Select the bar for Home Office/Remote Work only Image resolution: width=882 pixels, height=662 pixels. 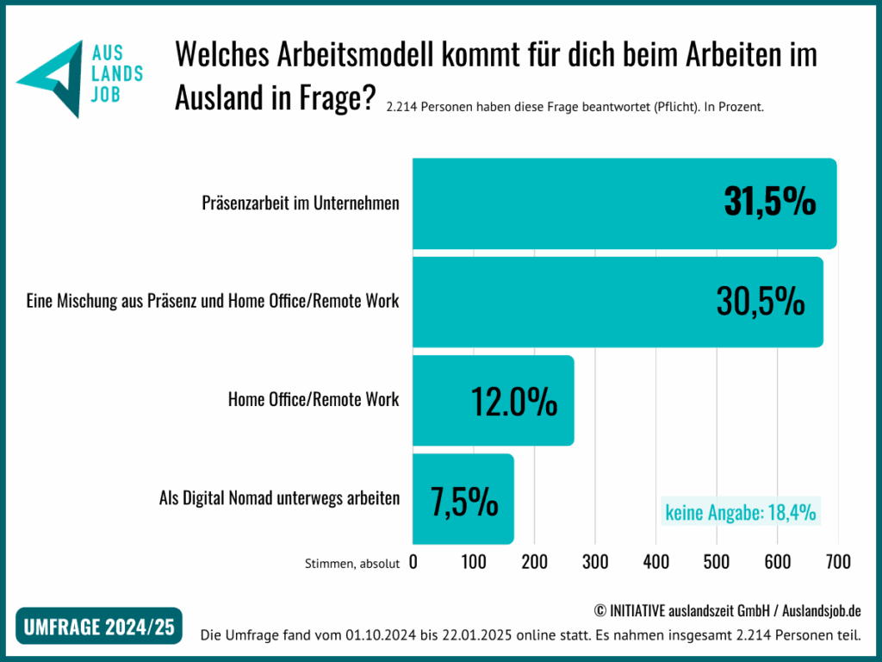(448, 401)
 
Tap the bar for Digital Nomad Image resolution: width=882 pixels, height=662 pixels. (431, 500)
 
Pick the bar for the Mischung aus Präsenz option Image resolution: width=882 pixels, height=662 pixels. (560, 302)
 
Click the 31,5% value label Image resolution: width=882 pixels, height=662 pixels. (769, 203)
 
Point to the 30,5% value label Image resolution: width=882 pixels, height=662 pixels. (761, 302)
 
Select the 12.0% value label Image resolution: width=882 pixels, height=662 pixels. (514, 401)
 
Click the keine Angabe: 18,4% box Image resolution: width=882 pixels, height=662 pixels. (740, 512)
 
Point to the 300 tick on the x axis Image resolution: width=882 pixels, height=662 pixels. (595, 562)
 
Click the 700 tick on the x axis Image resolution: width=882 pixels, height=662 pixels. (837, 562)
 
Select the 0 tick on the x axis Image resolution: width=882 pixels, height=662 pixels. (413, 562)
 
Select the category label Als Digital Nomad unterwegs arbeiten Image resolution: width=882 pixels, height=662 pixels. (279, 498)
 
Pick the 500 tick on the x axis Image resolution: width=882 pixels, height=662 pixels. (717, 562)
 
